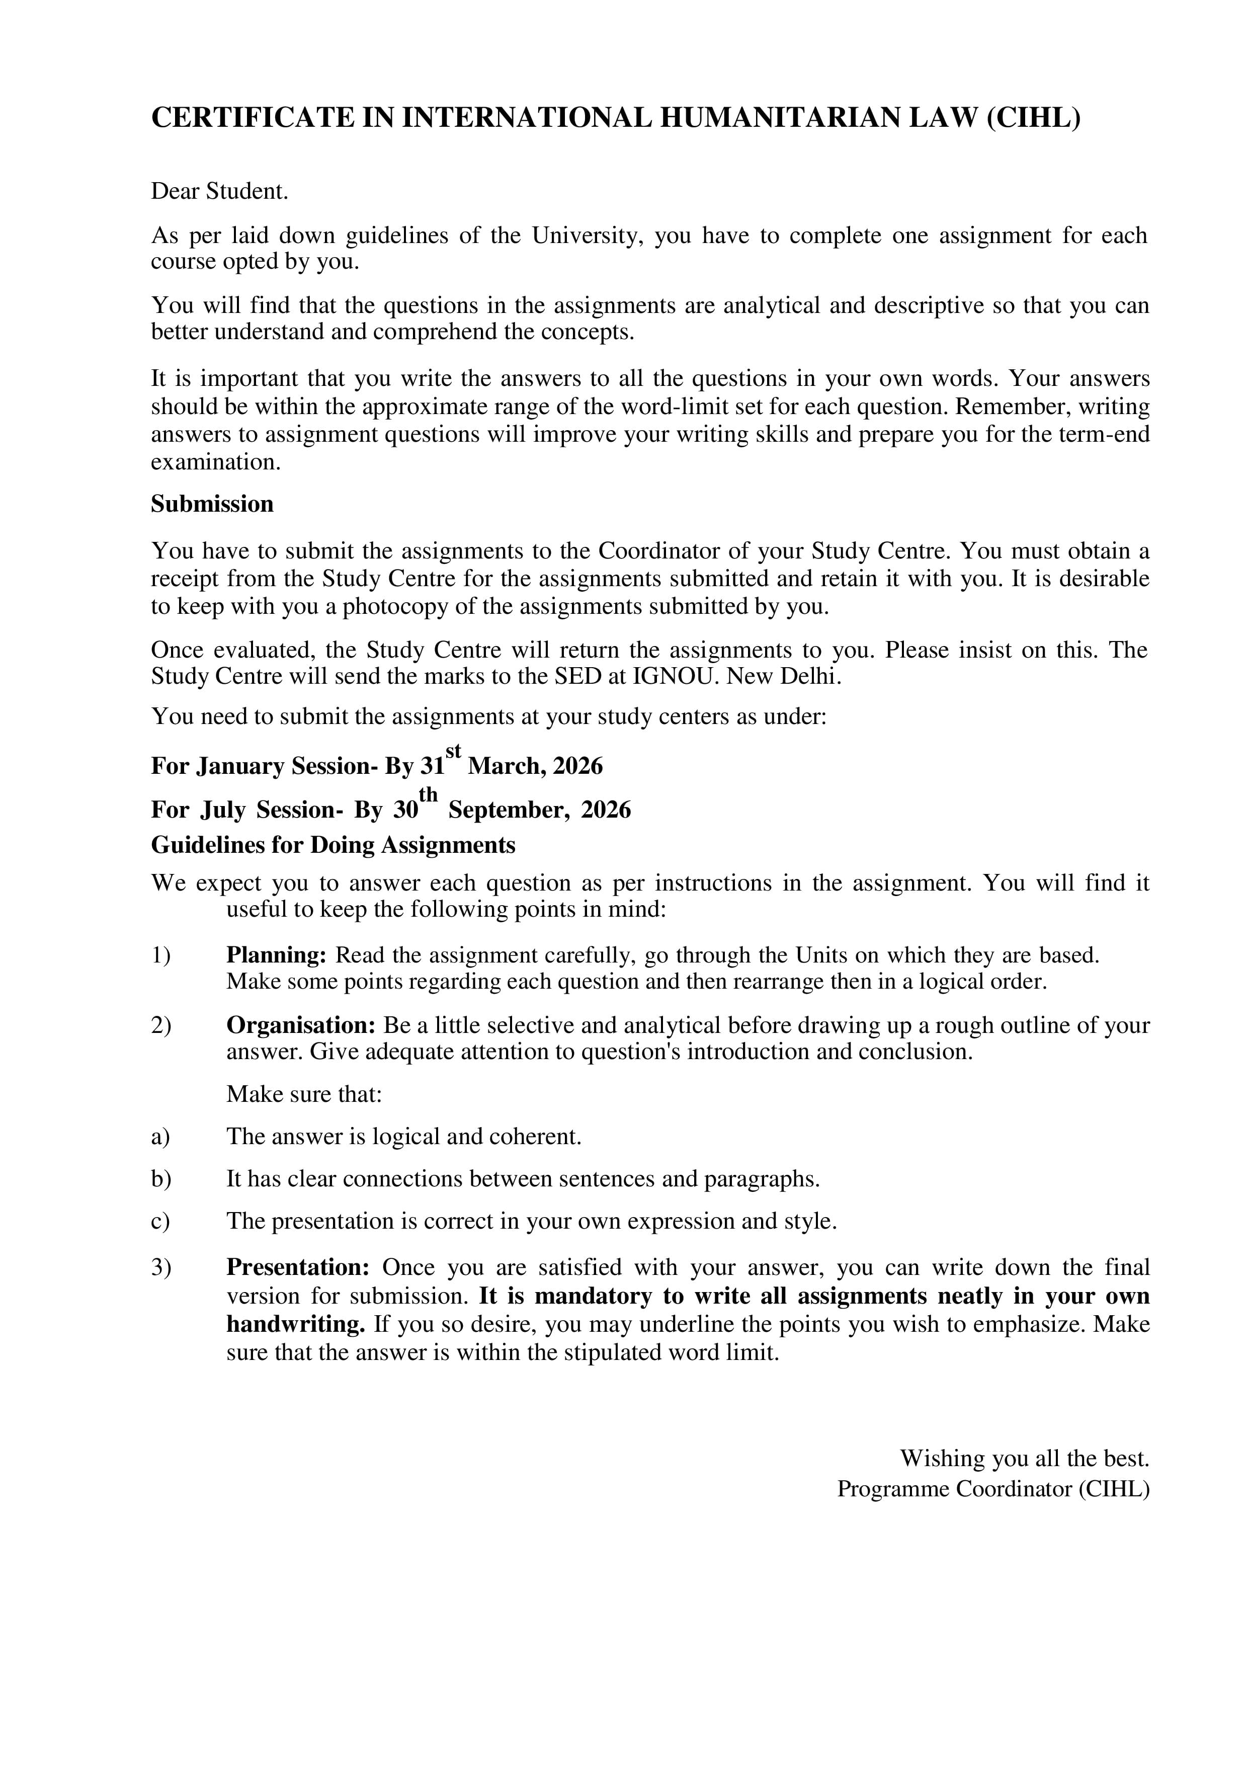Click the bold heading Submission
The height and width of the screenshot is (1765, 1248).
212,504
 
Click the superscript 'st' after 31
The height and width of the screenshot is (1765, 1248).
453,750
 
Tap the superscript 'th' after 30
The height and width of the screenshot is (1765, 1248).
428,793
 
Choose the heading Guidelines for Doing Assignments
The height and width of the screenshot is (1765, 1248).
332,846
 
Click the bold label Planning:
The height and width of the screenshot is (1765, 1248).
277,955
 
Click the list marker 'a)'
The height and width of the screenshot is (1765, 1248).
160,1137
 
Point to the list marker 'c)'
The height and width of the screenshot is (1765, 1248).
160,1222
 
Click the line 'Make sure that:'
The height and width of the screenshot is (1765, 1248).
303,1095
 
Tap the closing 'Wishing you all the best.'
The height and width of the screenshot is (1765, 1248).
1024,1458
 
